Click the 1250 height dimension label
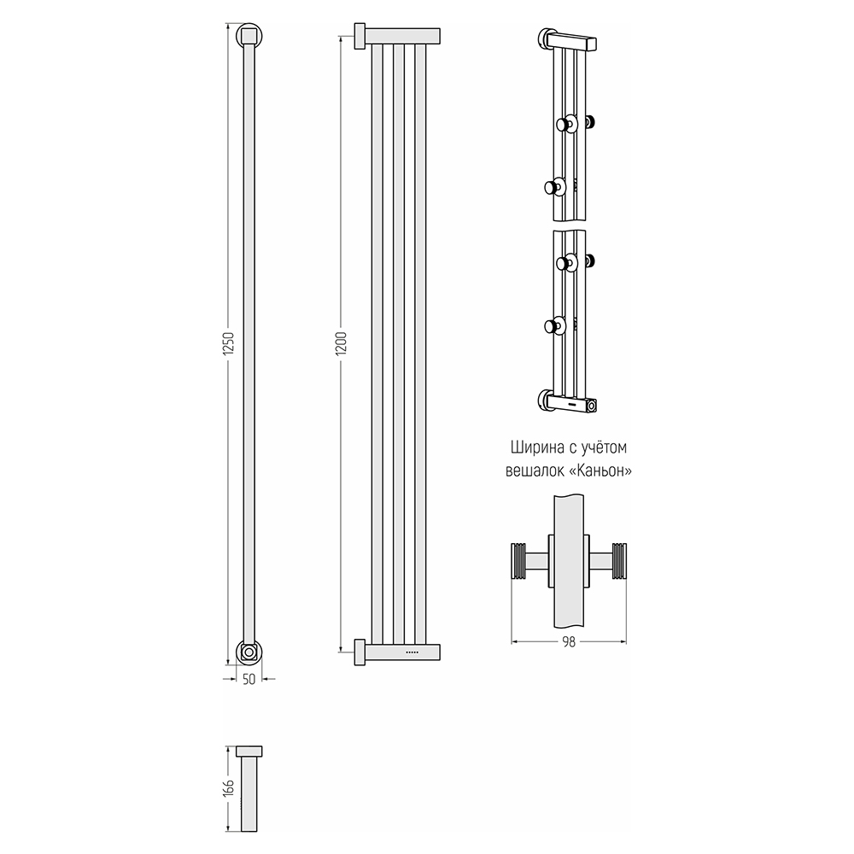click(228, 344)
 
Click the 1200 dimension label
click(342, 344)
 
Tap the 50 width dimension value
click(249, 680)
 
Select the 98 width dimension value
click(569, 642)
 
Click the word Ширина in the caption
click(535, 447)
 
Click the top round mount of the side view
click(249, 37)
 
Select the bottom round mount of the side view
click(249, 652)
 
